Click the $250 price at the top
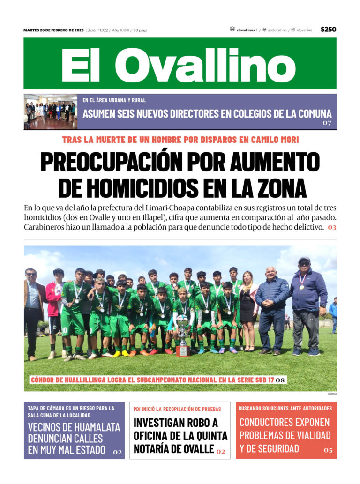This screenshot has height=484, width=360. pos(328,30)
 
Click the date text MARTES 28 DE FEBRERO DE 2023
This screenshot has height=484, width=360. pos(53,30)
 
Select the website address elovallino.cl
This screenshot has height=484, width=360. pos(247,30)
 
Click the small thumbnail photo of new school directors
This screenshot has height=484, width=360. pos(50,112)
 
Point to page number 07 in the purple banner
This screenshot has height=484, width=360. pos(327,123)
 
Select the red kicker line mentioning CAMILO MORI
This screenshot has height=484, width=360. pos(180,140)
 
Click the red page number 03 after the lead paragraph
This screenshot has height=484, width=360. pos(332,227)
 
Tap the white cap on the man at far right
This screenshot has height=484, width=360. pos(304,259)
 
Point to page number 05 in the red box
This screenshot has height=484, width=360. pos(328,450)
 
